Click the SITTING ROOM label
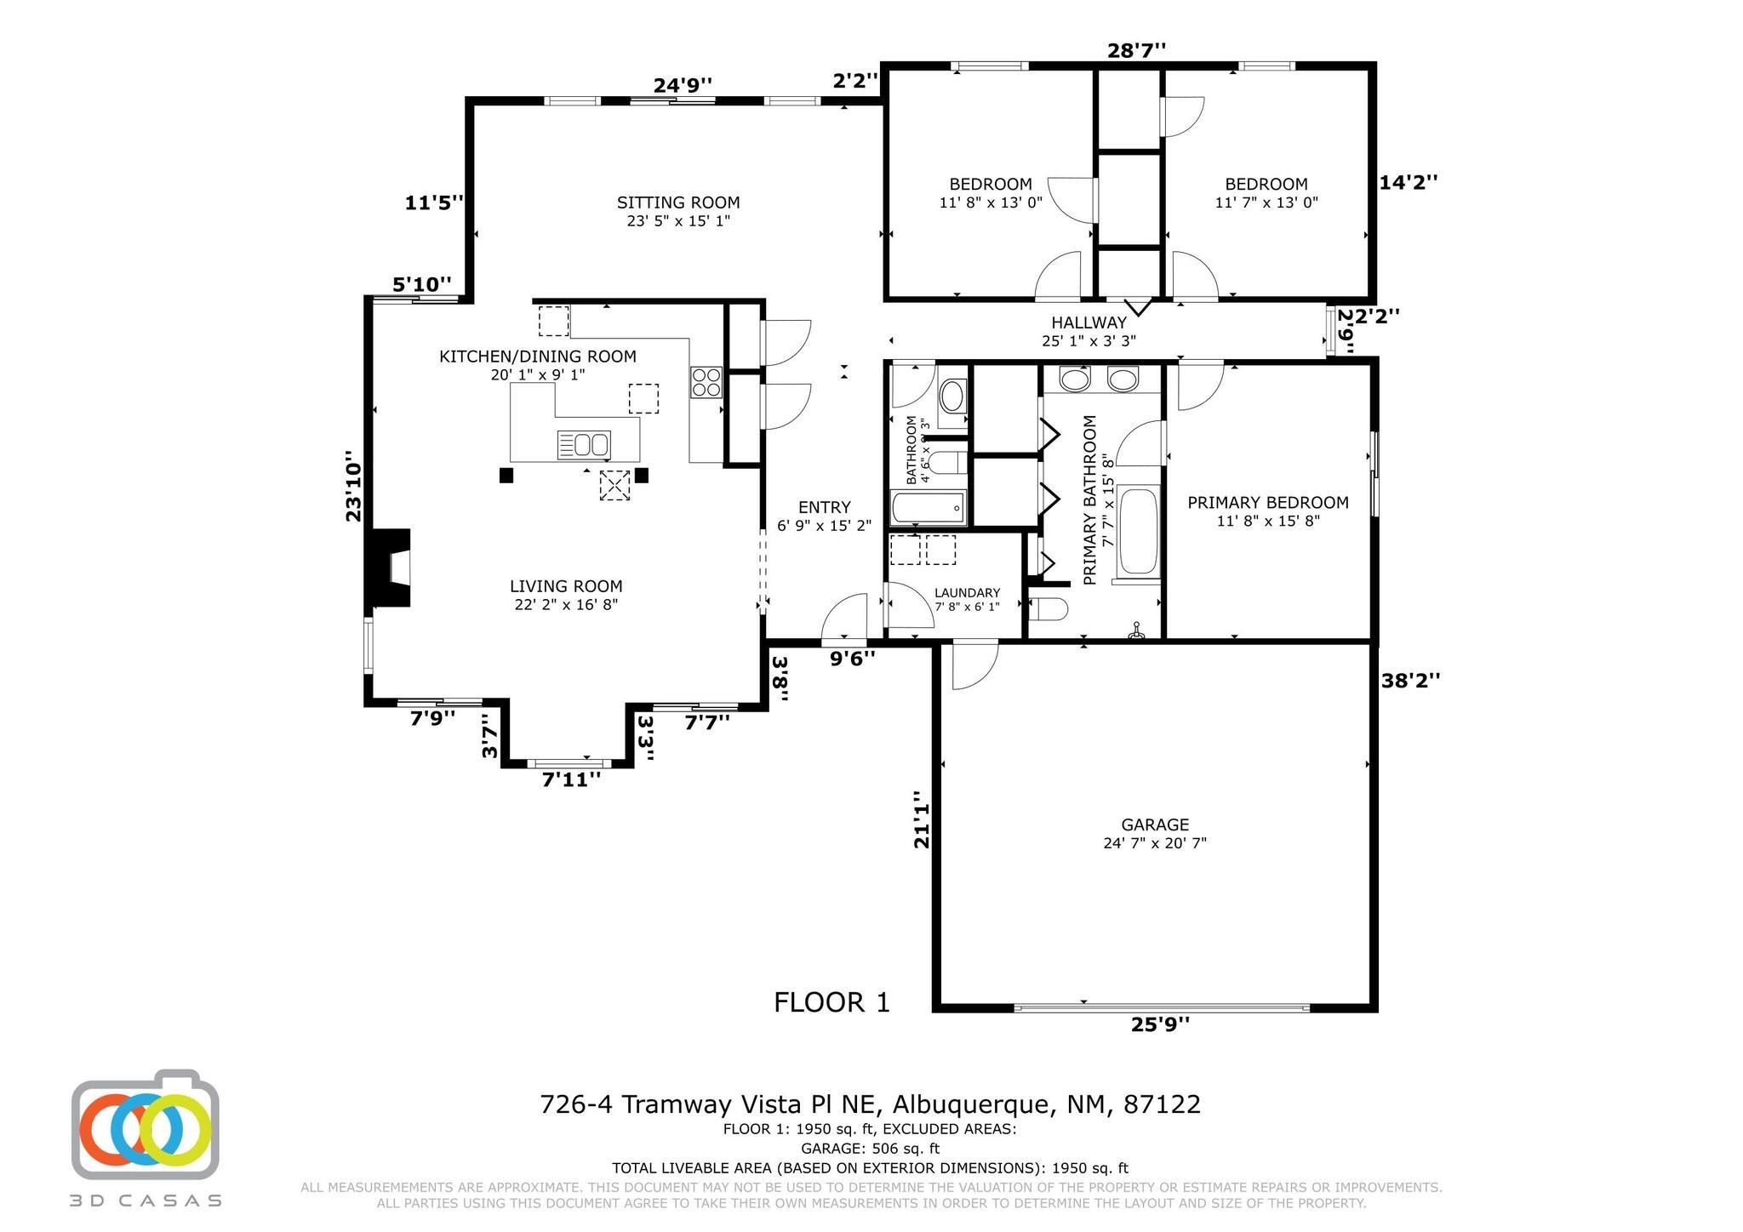pos(678,202)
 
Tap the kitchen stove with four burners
pos(706,382)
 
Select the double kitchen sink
pos(584,445)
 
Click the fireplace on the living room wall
pos(388,568)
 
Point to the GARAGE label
pos(1155,824)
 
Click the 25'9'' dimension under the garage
pos(1160,1024)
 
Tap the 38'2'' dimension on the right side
pos(1410,680)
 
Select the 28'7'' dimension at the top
pos(1136,51)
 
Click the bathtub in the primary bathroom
pos(1138,533)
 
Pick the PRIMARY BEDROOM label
pos(1268,503)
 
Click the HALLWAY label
pos(1089,322)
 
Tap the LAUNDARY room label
pos(967,593)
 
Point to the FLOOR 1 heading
pos(831,1002)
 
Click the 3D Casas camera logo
pos(146,1125)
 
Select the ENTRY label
pos(824,507)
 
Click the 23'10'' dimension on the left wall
pos(354,491)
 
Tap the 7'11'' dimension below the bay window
pos(571,779)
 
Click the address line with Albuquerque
pos(870,1104)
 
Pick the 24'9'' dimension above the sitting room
pos(683,85)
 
